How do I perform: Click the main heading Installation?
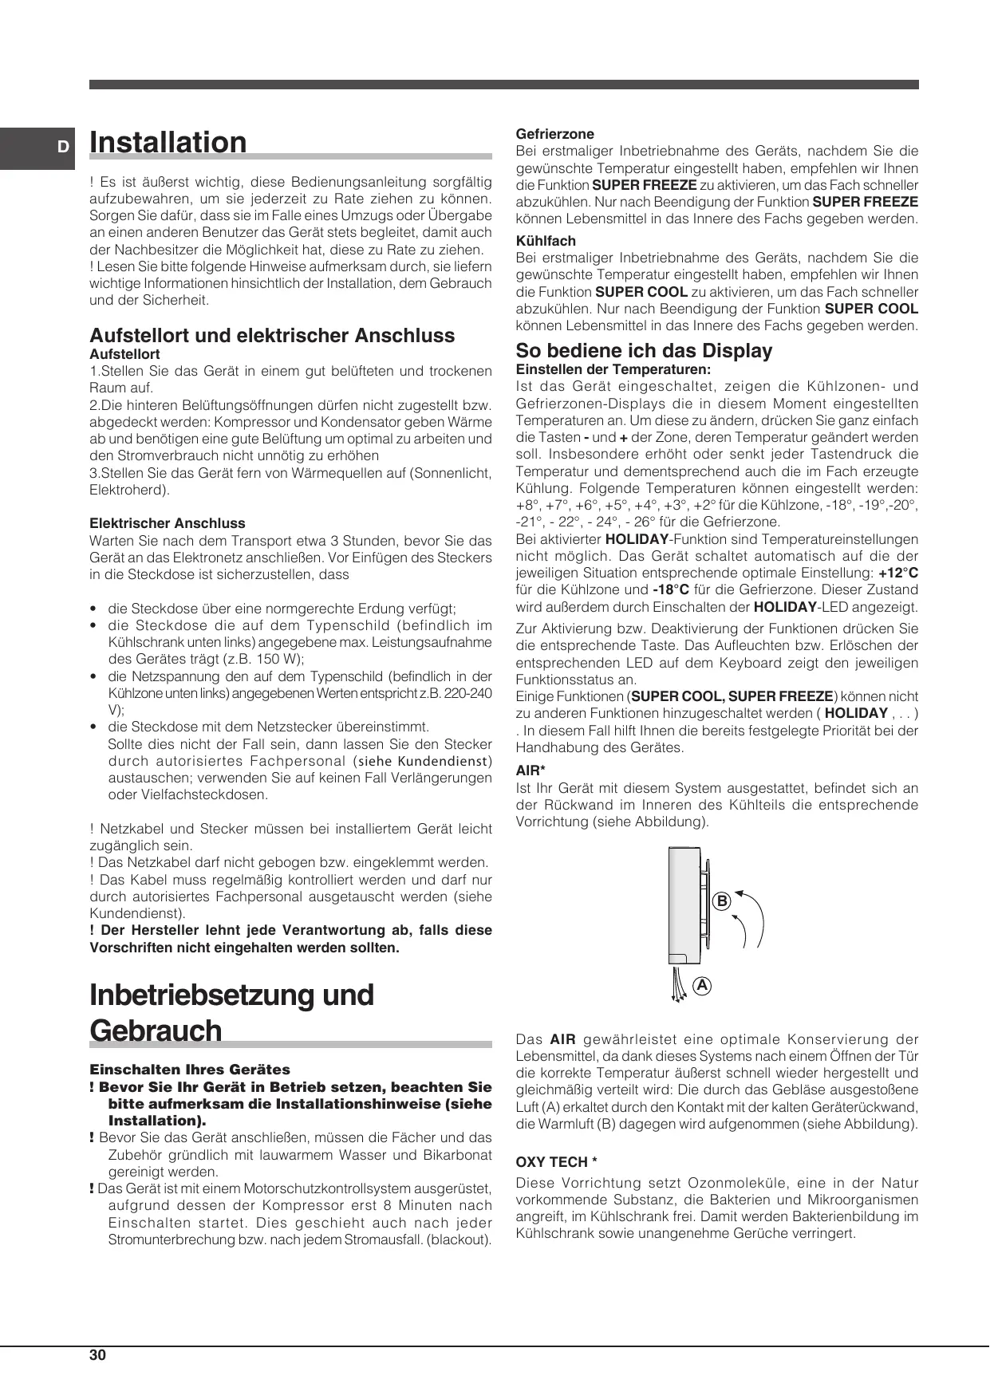pyautogui.click(x=168, y=143)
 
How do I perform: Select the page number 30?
pyautogui.click(x=97, y=1355)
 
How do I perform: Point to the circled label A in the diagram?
pyautogui.click(x=701, y=985)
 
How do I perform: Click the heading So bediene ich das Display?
pyautogui.click(x=644, y=351)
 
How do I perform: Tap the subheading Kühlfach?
pyautogui.click(x=546, y=241)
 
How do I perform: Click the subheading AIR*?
pyautogui.click(x=530, y=771)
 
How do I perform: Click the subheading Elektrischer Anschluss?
pyautogui.click(x=168, y=523)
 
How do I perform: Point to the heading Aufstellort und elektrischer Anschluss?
pyautogui.click(x=272, y=335)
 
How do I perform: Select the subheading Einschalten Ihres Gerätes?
pyautogui.click(x=190, y=1070)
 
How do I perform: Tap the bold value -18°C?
pyautogui.click(x=671, y=590)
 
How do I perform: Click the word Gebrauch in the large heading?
pyautogui.click(x=156, y=1031)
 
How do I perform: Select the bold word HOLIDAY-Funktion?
pyautogui.click(x=637, y=539)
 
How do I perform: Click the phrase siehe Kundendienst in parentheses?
pyautogui.click(x=424, y=761)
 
